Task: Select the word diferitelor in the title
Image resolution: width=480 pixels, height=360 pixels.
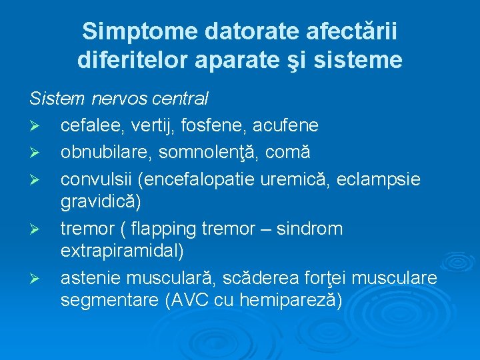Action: click(x=133, y=60)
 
